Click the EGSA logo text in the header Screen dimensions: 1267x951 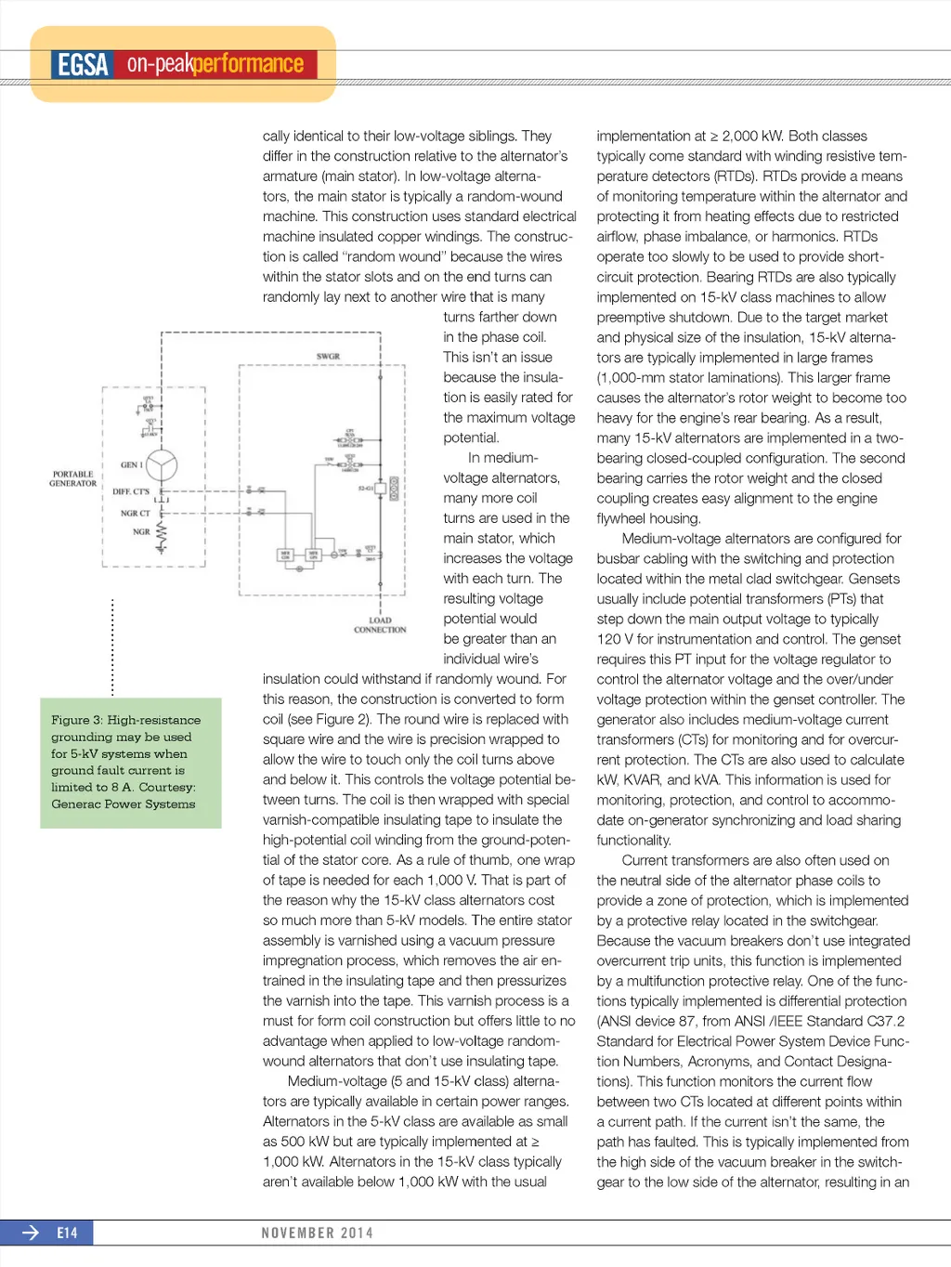(x=84, y=64)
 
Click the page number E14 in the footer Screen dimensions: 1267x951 (x=67, y=1233)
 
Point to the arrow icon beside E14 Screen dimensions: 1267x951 (x=31, y=1233)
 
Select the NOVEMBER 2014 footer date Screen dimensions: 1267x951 (x=317, y=1233)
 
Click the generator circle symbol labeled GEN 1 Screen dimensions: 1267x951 (x=161, y=464)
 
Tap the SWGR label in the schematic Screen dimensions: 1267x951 (x=328, y=357)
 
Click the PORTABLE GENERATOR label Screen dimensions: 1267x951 (x=72, y=478)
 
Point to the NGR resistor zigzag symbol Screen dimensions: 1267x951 (x=162, y=536)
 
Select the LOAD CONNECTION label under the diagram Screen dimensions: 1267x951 (x=380, y=625)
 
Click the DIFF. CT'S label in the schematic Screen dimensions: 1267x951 (x=131, y=491)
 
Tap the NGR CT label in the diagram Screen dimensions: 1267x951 (x=135, y=513)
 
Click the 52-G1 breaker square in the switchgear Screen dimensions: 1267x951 (x=394, y=489)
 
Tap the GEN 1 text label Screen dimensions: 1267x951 (x=131, y=464)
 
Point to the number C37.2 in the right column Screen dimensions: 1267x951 (x=885, y=1021)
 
